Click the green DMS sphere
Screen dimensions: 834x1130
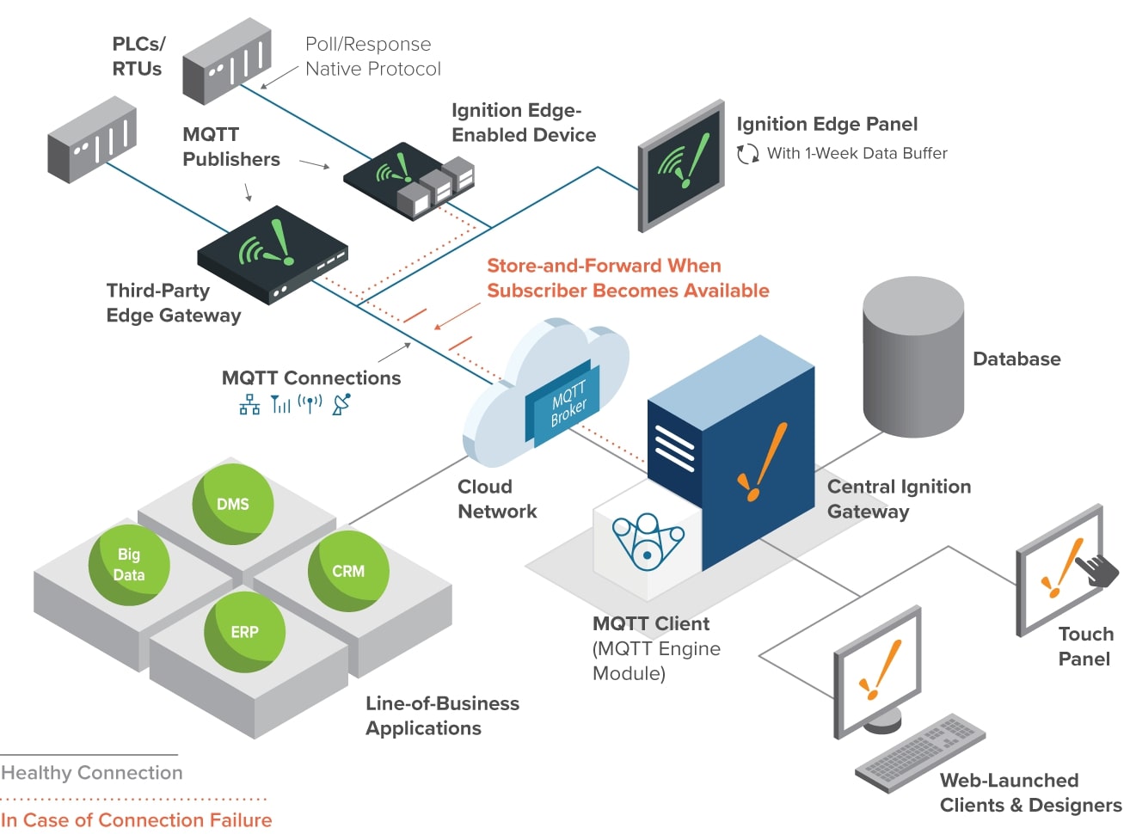(232, 504)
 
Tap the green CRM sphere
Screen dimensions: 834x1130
(348, 571)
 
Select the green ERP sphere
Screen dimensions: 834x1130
(244, 632)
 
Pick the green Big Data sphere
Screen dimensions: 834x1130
(129, 565)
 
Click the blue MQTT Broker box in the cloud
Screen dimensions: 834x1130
(564, 402)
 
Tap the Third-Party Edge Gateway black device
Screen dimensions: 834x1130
(272, 254)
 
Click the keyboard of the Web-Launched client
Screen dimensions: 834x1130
(920, 752)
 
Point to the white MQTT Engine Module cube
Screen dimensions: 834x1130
(646, 540)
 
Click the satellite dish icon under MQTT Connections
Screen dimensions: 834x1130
(341, 404)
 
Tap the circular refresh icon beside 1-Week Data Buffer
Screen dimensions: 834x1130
(747, 154)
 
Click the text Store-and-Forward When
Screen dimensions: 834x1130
(604, 266)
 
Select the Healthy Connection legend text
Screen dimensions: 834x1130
(92, 773)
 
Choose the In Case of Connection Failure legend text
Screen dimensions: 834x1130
(136, 820)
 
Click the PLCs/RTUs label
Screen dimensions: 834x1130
(138, 56)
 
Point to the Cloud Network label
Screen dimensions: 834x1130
(497, 499)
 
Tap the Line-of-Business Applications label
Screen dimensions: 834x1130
(442, 715)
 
